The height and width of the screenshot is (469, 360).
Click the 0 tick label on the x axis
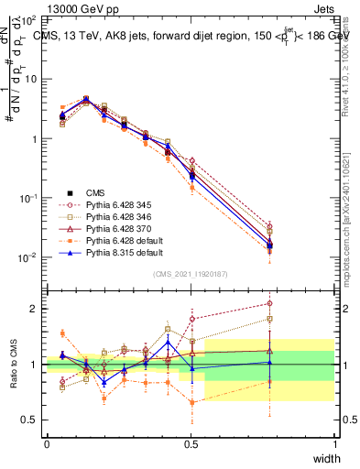[x=48, y=444]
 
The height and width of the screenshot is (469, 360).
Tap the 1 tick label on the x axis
[x=335, y=444]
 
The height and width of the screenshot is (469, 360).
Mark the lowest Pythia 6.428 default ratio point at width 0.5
[x=191, y=402]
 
